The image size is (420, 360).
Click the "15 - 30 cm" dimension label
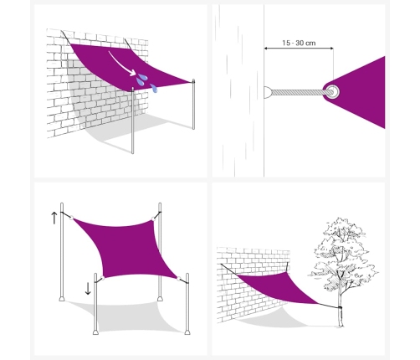click(299, 43)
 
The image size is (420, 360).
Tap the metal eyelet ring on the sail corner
click(332, 91)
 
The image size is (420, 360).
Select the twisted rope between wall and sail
click(299, 92)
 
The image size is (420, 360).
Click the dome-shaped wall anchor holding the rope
click(268, 92)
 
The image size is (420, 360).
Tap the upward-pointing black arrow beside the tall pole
click(54, 218)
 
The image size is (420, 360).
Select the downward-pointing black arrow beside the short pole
click(88, 289)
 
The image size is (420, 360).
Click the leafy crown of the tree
click(342, 251)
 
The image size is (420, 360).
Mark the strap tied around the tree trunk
click(340, 308)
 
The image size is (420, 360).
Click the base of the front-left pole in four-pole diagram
click(95, 332)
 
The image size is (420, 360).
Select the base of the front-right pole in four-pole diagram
click(187, 332)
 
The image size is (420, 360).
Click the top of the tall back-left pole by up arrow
click(62, 204)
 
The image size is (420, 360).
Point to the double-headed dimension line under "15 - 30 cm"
click(299, 49)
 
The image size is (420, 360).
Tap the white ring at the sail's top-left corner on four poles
click(71, 218)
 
